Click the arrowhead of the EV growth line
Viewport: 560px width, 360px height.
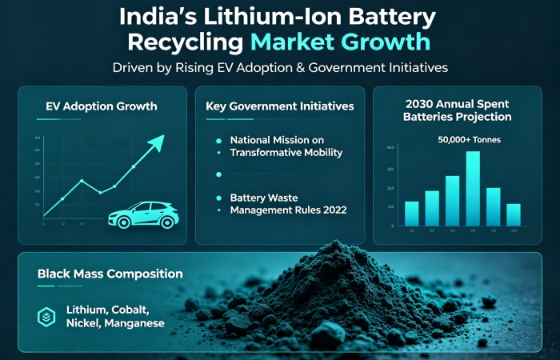click(x=157, y=142)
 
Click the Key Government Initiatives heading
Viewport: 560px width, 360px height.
click(x=280, y=106)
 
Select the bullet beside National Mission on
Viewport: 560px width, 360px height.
click(x=218, y=139)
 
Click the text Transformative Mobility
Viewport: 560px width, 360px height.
click(x=286, y=152)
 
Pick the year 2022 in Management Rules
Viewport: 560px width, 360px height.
click(x=329, y=210)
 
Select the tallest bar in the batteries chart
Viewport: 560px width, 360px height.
click(x=473, y=187)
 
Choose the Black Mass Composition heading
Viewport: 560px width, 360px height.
click(x=110, y=274)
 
